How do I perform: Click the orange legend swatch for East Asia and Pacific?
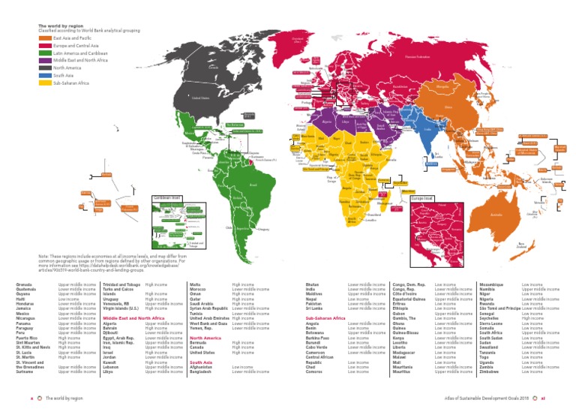(45, 38)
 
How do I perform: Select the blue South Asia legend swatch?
(45, 75)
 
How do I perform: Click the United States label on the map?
(200, 98)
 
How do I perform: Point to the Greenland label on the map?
(297, 38)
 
